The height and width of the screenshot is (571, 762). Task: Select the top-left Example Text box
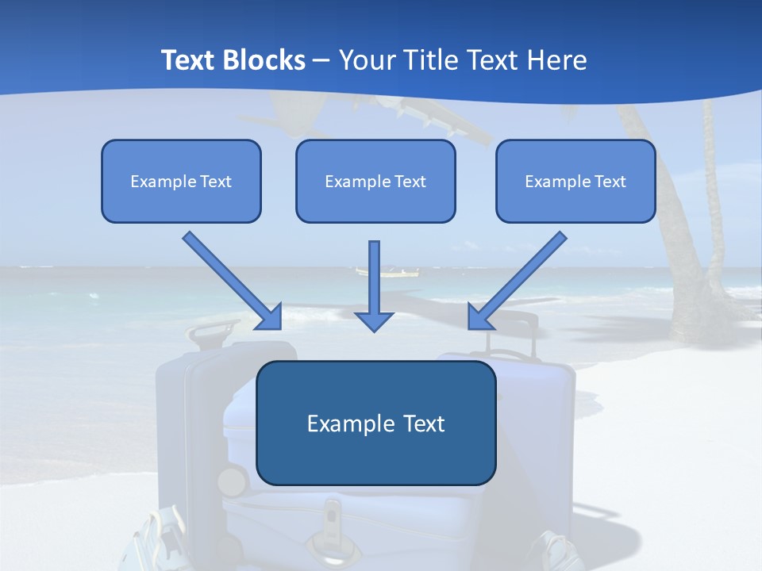pos(181,181)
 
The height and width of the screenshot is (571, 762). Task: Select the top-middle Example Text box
pos(375,181)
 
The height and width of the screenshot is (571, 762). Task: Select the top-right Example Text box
pos(575,181)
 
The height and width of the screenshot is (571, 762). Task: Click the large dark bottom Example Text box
pos(376,423)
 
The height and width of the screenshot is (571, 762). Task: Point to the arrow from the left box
pos(233,282)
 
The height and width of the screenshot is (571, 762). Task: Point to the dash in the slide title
pos(321,60)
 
